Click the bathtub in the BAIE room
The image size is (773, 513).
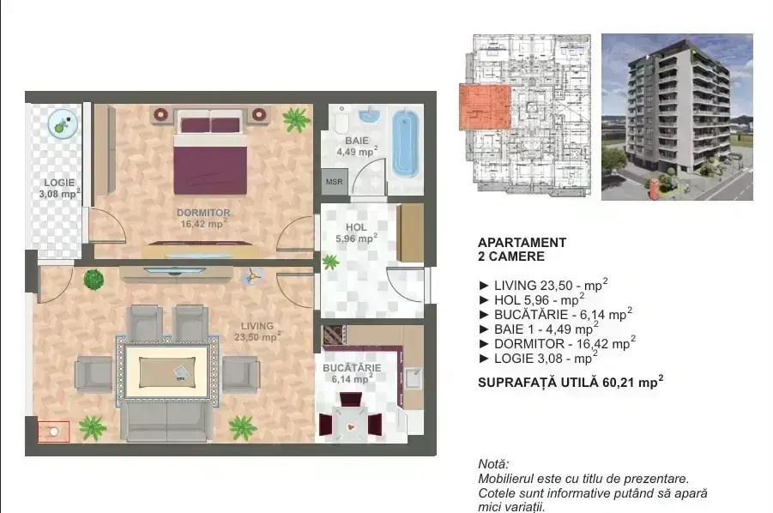pyautogui.click(x=406, y=144)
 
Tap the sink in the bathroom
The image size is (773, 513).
pyautogui.click(x=369, y=115)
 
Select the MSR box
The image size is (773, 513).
pyautogui.click(x=335, y=182)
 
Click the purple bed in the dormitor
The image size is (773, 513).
pyautogui.click(x=210, y=153)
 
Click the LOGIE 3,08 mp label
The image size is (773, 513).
pyautogui.click(x=59, y=188)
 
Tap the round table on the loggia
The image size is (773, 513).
pyautogui.click(x=63, y=124)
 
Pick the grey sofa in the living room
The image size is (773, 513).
pyautogui.click(x=167, y=421)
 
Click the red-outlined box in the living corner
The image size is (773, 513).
pyautogui.click(x=53, y=432)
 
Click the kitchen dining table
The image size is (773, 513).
pyautogui.click(x=350, y=423)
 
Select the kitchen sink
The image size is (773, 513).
pyautogui.click(x=414, y=378)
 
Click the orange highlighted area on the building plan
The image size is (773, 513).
pyautogui.click(x=484, y=106)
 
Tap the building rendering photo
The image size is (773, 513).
pyautogui.click(x=677, y=117)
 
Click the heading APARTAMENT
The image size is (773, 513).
pyautogui.click(x=522, y=243)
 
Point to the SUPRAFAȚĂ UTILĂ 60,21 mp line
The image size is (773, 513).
pyautogui.click(x=571, y=382)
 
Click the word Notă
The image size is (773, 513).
pyautogui.click(x=493, y=464)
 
